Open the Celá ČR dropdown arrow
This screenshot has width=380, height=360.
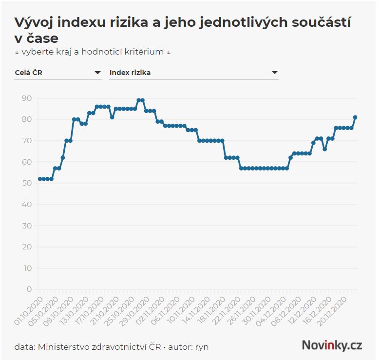[x=97, y=73]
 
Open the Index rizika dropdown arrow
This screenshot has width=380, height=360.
[x=275, y=73]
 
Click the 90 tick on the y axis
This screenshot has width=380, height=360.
[x=27, y=98]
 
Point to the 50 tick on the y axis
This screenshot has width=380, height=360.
[x=27, y=183]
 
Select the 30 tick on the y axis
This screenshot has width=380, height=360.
[x=27, y=226]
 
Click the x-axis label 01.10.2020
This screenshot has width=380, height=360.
[x=29, y=309]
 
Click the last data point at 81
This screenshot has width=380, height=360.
[x=355, y=117]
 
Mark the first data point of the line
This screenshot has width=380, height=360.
[x=40, y=179]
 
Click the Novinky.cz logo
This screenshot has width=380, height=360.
[x=332, y=345]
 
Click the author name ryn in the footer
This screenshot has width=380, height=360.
[x=202, y=347]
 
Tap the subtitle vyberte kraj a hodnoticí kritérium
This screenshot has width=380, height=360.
[x=92, y=52]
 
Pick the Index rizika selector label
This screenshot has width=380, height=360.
[x=130, y=73]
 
